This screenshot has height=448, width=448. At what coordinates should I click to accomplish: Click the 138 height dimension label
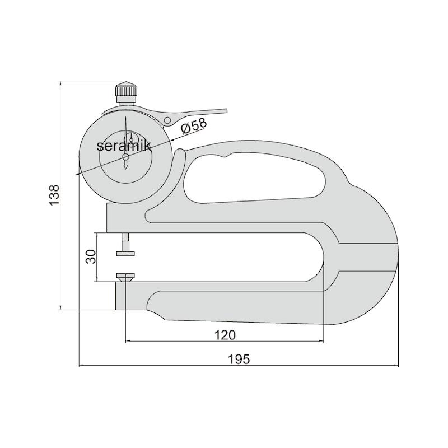pos(54,195)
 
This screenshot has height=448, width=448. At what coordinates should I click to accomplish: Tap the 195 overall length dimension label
pos(239,359)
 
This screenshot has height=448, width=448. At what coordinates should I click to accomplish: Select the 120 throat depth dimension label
pos(225,335)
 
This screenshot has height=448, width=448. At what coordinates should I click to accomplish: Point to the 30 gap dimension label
pos(91,256)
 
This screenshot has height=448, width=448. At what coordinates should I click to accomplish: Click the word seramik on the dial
pos(124,146)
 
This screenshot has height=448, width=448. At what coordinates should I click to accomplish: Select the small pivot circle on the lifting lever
pos(167,120)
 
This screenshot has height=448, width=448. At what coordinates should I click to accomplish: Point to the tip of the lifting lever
pos(226,111)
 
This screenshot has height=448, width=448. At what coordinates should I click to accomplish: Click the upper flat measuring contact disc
pos(125,254)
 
